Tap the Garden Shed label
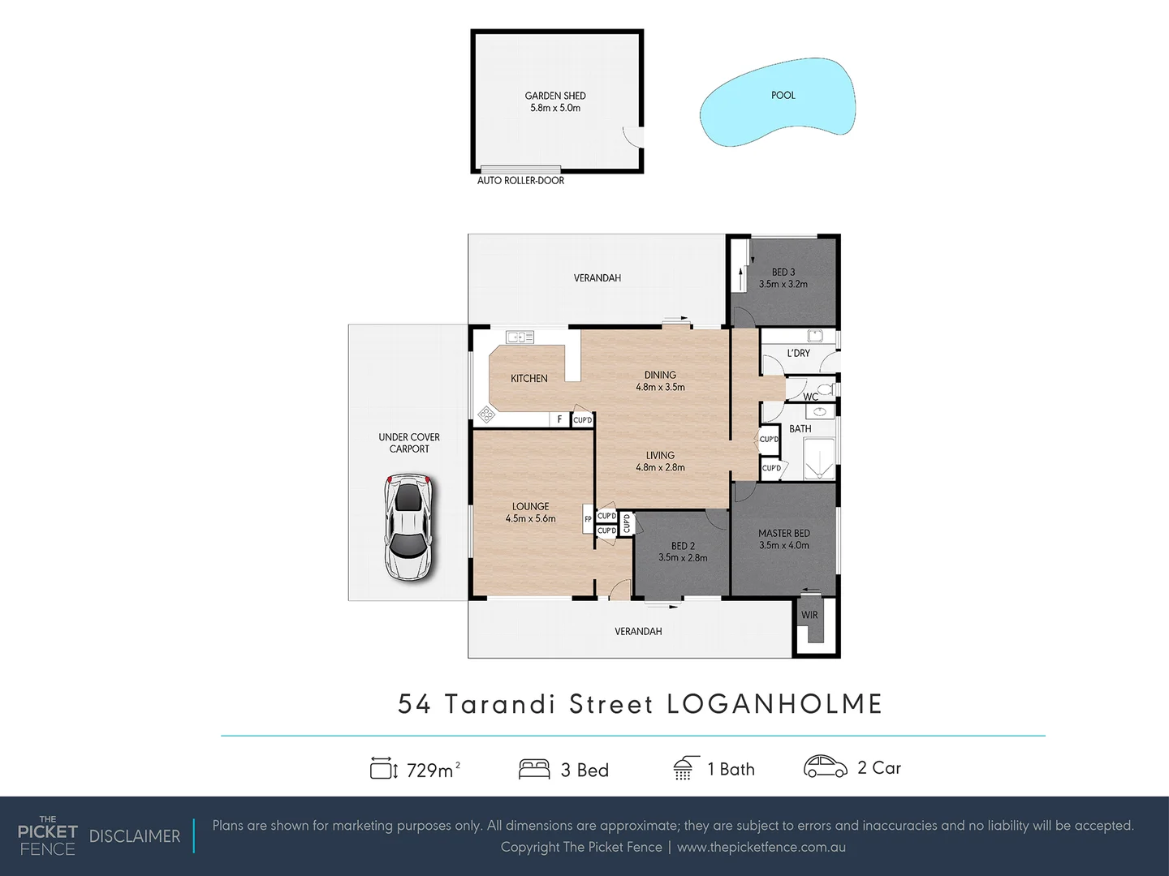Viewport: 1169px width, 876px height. click(555, 101)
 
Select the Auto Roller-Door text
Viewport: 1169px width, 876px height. click(520, 181)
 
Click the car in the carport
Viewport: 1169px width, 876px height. click(408, 528)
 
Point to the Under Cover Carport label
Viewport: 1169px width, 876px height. click(409, 443)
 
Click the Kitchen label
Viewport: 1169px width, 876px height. click(528, 379)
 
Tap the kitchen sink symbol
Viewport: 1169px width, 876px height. click(520, 337)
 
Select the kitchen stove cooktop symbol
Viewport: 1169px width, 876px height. click(486, 414)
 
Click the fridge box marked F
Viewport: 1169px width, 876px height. click(559, 419)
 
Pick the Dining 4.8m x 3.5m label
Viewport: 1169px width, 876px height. click(660, 381)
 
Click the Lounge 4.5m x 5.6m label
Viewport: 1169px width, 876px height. click(530, 513)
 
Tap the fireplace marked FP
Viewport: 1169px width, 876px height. click(588, 519)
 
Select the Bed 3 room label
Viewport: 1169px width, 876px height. click(783, 278)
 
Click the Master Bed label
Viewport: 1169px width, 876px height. click(784, 539)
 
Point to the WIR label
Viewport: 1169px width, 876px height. click(809, 616)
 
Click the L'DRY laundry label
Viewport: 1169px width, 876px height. click(799, 354)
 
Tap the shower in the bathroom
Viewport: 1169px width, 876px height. click(818, 458)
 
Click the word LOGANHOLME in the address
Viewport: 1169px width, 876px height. click(774, 704)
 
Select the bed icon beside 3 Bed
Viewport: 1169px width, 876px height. click(534, 769)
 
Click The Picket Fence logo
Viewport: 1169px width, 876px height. click(48, 835)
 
